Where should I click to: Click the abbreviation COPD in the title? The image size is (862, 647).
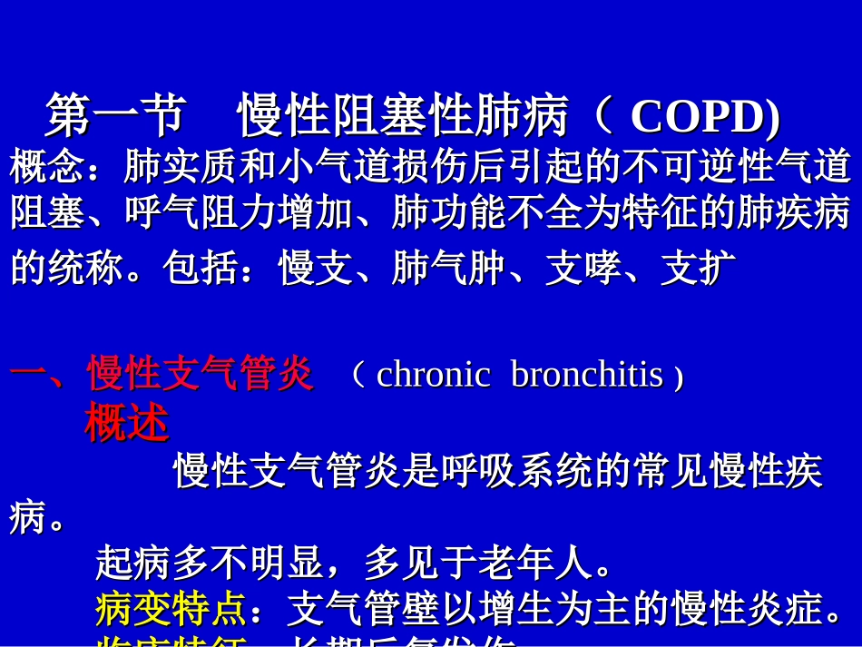point(704,117)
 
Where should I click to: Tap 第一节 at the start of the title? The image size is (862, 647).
point(115,115)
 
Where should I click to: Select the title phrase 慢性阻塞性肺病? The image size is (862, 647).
point(403,115)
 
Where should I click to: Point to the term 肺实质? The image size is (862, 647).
point(180,166)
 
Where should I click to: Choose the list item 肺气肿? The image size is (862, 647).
point(448,269)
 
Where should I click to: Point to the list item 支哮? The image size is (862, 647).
point(583,269)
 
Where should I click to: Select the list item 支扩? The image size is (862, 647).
point(698,269)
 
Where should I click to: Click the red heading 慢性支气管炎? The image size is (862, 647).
point(200,374)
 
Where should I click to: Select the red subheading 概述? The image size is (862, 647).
point(126,423)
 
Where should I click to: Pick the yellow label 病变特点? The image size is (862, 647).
point(170,610)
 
